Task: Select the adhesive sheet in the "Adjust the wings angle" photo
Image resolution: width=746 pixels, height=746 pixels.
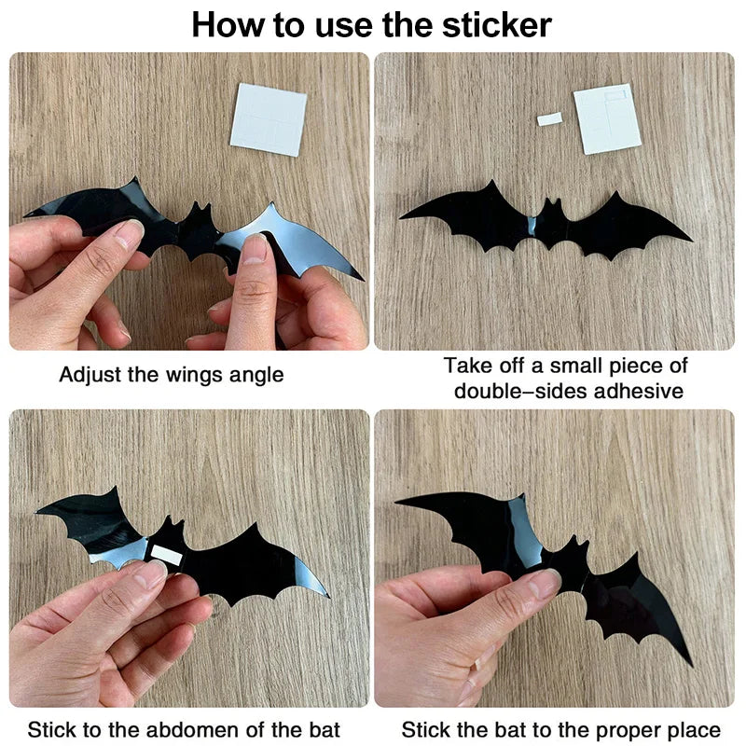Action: click(268, 119)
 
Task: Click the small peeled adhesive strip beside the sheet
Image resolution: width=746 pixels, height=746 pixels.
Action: click(549, 118)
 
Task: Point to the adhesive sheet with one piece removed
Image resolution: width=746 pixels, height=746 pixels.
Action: click(607, 119)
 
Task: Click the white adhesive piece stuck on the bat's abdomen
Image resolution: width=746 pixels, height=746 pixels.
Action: click(166, 554)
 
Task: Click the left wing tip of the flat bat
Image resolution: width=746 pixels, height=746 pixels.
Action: click(403, 217)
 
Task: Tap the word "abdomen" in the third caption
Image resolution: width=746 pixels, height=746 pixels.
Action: click(214, 729)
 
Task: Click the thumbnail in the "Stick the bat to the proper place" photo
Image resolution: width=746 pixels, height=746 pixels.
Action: click(544, 584)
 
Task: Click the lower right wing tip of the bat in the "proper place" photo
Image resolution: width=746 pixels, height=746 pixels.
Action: click(690, 663)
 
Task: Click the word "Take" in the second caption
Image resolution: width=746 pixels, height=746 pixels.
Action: click(466, 366)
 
